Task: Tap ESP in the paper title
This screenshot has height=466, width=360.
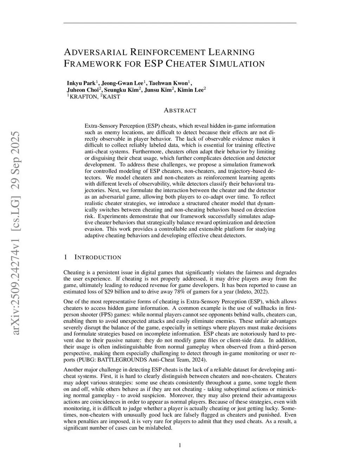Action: point(153,64)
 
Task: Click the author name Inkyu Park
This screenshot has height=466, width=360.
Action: point(81,83)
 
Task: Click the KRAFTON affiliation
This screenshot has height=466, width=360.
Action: point(84,97)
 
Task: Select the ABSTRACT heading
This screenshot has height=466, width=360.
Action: point(180,110)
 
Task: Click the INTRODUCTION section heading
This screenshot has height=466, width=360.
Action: point(98,257)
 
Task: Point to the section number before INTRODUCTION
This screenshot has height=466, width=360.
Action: point(65,257)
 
